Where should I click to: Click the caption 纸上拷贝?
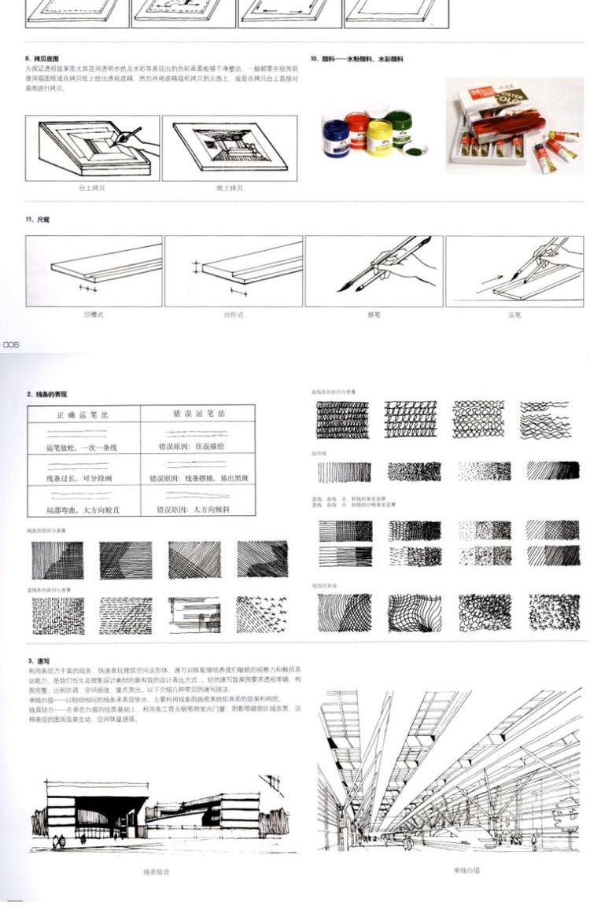coord(230,188)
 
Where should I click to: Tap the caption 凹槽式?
coord(94,315)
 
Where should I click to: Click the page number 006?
coord(10,344)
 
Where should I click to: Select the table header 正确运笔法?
coord(83,414)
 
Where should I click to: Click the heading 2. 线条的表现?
coord(46,393)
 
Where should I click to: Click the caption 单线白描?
coord(466,870)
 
